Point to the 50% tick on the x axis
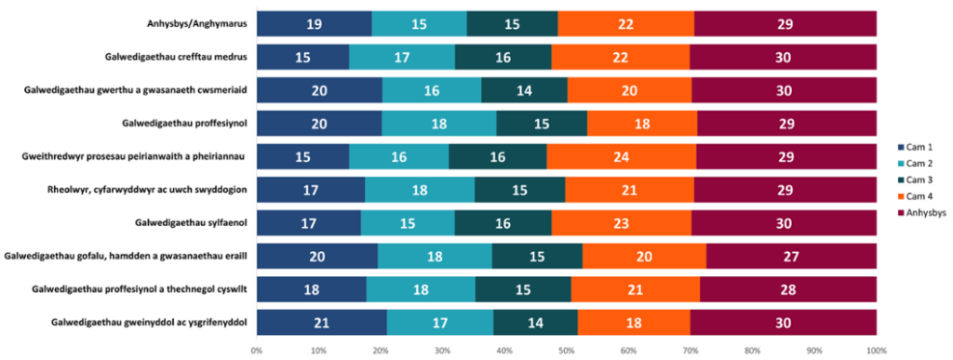(566, 351)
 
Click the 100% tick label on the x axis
(876, 351)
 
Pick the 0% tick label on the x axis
(256, 351)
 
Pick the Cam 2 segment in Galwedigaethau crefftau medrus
(402, 57)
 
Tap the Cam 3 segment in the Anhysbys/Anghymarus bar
(512, 23)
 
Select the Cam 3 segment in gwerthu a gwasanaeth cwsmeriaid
(524, 89)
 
